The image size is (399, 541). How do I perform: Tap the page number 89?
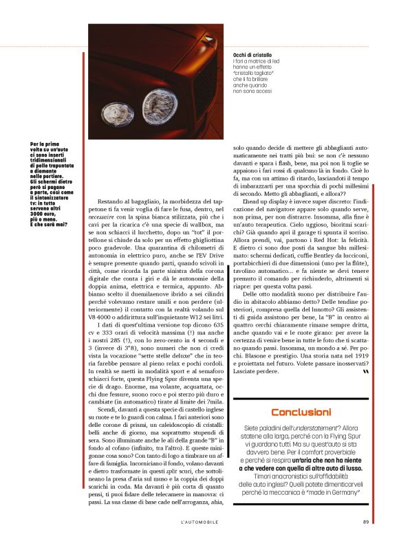366,520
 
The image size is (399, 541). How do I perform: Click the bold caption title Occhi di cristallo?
252,54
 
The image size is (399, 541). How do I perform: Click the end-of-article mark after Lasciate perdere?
365,371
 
